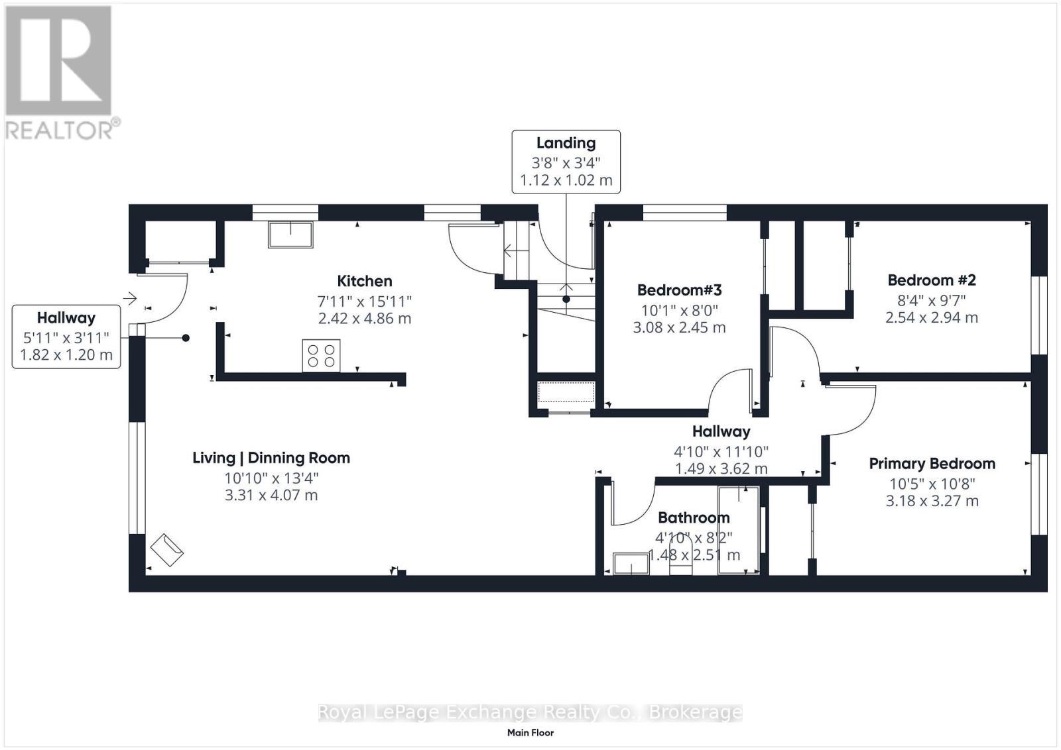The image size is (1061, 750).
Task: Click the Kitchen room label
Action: pos(364,281)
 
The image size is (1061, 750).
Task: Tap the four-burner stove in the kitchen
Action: pos(321,356)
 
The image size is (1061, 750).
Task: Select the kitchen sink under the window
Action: pos(290,235)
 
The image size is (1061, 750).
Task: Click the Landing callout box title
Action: pos(566,143)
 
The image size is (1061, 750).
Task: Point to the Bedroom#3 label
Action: pos(679,290)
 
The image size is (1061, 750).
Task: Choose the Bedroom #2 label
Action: pos(932,280)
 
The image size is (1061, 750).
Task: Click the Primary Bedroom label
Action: pos(932,464)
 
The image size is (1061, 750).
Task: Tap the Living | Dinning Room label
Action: pos(271,458)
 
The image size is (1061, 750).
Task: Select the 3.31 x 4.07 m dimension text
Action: pos(271,496)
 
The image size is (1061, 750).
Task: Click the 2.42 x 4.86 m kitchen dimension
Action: pos(364,319)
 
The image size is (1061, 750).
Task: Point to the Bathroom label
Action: pos(694,517)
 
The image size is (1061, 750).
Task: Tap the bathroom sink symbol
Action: pos(631,564)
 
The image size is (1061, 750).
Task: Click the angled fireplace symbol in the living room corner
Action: pos(166,550)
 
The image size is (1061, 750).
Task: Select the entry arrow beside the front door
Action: pos(130,299)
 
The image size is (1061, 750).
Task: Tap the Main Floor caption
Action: pos(530,733)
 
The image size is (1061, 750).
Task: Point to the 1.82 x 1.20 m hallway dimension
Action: pos(66,355)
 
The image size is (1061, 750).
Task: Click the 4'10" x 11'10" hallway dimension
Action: pos(721,452)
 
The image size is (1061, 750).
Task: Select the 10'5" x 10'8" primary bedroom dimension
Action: pos(932,484)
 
